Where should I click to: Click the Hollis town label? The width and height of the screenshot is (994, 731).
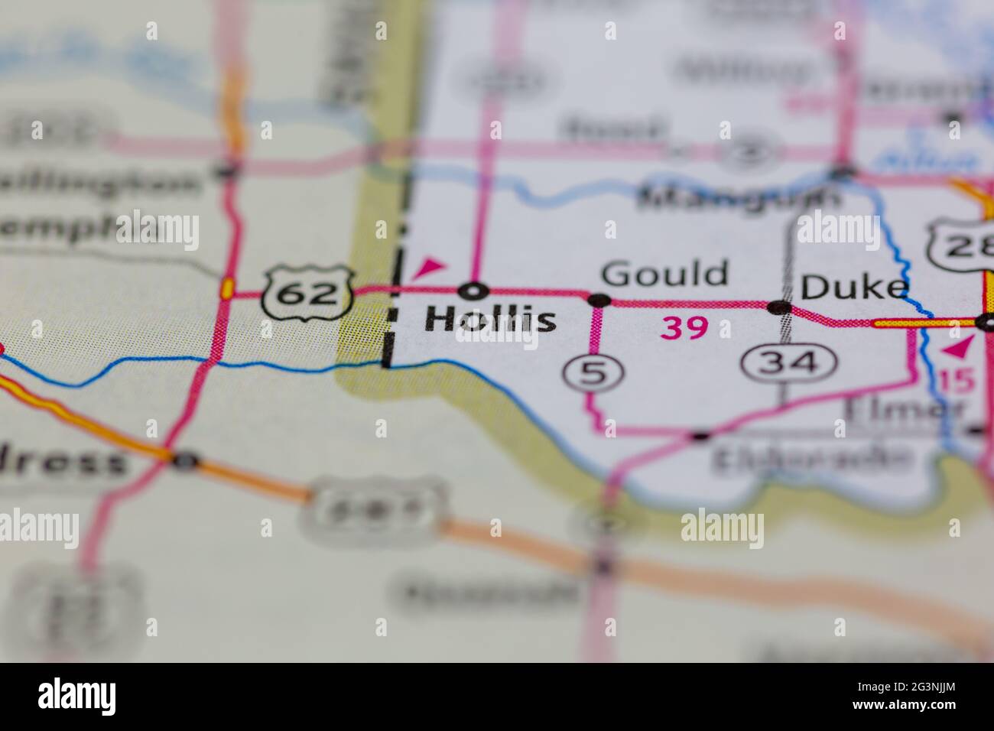click(x=490, y=320)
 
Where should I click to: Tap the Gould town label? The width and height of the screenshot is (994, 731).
click(x=664, y=273)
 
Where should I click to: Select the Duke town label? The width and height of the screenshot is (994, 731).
click(x=854, y=288)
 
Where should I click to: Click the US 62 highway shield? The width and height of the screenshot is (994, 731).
click(x=307, y=293)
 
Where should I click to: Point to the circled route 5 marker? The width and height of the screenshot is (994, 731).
click(x=594, y=372)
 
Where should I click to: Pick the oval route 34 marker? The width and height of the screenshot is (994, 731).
click(x=788, y=361)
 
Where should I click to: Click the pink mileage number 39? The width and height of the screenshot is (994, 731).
click(x=684, y=328)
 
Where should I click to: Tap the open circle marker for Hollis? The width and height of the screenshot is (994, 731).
click(x=474, y=291)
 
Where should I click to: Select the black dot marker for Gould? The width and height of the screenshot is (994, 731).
click(x=598, y=300)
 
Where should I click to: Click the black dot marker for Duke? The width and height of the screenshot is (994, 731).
click(x=779, y=307)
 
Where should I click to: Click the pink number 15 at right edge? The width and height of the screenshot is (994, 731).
click(x=955, y=381)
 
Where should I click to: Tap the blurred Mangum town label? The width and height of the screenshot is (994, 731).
click(x=739, y=197)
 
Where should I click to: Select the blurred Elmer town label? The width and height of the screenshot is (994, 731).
click(x=903, y=410)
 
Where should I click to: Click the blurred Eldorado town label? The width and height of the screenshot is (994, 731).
click(x=812, y=459)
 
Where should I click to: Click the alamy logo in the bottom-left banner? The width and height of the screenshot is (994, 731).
click(x=77, y=697)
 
